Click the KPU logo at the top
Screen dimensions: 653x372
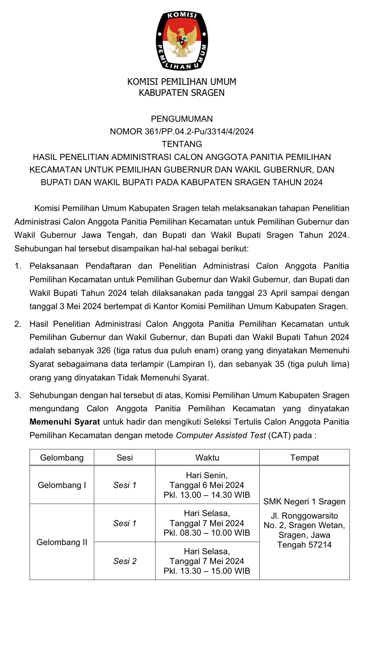click(x=182, y=40)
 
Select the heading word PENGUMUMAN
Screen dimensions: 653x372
click(x=182, y=119)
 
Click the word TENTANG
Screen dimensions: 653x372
click(x=182, y=144)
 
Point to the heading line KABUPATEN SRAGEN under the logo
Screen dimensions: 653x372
click(x=182, y=93)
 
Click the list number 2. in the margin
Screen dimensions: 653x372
click(x=18, y=324)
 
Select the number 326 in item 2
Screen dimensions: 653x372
click(x=103, y=350)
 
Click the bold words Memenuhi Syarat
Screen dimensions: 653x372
click(x=65, y=422)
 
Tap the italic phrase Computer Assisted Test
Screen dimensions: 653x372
click(x=221, y=435)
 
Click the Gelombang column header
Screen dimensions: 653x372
click(x=62, y=458)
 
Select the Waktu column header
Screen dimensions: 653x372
click(x=207, y=458)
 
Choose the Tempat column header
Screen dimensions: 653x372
click(x=304, y=458)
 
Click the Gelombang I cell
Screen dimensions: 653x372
click(x=62, y=485)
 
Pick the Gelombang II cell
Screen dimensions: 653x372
click(x=62, y=542)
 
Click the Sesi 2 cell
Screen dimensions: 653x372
click(x=125, y=561)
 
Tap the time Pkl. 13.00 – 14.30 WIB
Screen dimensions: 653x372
click(x=207, y=495)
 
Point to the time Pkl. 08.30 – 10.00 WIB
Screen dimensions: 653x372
click(x=207, y=533)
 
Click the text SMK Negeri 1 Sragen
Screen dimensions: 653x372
click(x=304, y=502)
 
